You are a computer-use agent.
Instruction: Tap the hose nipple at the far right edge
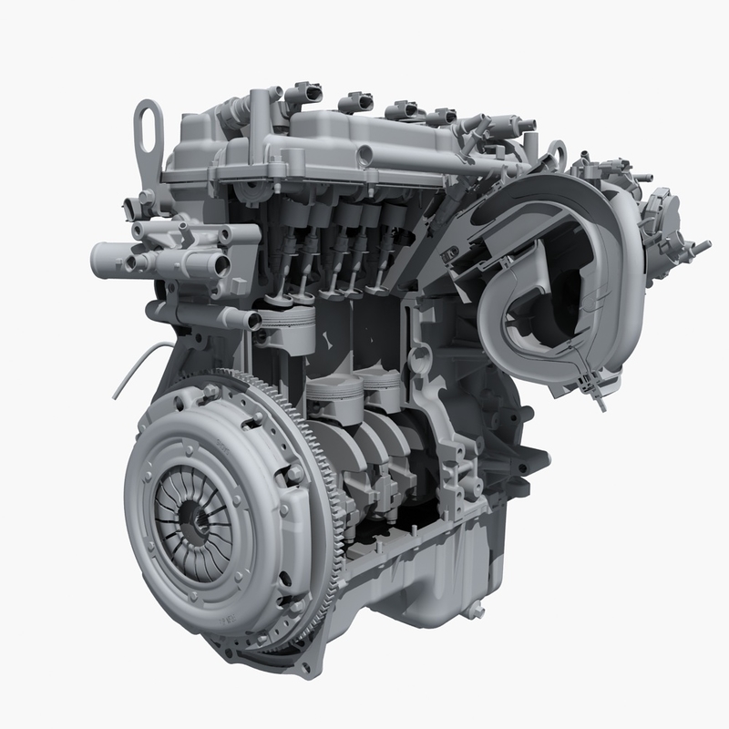(701, 246)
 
